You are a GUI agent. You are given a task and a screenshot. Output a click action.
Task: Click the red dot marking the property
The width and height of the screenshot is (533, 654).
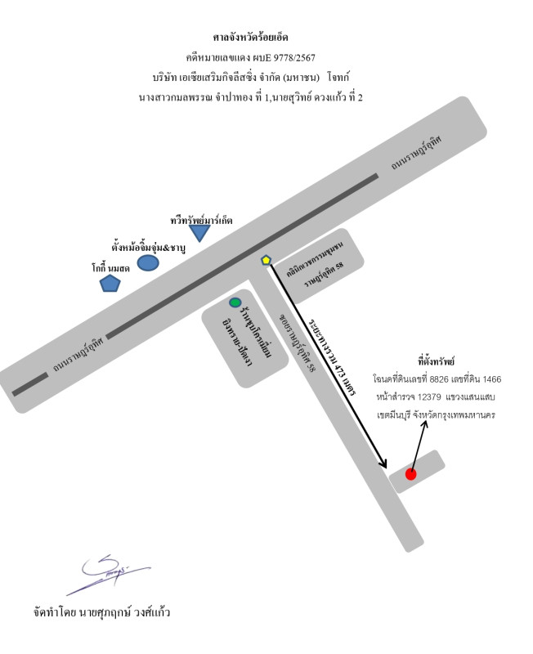click(410, 474)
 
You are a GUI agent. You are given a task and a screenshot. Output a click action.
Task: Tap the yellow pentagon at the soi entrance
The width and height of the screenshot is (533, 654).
click(266, 260)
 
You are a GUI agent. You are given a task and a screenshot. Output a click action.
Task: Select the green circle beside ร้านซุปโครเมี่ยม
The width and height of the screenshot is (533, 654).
click(235, 302)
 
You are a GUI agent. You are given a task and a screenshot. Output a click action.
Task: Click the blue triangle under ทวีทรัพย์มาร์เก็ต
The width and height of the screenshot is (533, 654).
click(199, 232)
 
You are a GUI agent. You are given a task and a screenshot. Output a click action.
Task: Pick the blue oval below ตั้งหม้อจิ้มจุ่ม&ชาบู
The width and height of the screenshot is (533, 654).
click(148, 262)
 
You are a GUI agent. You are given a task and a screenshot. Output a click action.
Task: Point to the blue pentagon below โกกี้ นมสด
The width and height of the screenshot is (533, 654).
click(110, 283)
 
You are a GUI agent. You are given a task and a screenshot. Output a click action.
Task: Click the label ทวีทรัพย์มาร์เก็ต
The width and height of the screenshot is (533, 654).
click(201, 220)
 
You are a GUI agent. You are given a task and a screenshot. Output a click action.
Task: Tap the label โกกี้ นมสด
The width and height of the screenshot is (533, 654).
click(110, 268)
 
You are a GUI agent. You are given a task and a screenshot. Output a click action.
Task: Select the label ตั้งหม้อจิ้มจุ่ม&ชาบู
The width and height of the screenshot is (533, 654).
click(148, 248)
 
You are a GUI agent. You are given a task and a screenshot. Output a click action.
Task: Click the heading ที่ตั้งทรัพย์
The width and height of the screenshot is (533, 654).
click(436, 361)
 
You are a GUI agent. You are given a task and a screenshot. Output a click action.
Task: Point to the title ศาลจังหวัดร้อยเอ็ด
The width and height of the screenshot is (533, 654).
click(250, 38)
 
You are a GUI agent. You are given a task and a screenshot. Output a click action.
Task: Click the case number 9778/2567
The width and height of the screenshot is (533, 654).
click(297, 57)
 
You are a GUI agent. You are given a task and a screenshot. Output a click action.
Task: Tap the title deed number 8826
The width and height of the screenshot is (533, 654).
click(439, 379)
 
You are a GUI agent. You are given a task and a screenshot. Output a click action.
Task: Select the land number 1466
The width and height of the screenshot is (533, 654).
click(492, 379)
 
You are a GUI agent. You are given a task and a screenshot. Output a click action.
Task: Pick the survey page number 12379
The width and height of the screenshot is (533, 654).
click(428, 396)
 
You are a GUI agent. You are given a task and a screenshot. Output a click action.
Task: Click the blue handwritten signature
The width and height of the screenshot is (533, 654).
click(108, 574)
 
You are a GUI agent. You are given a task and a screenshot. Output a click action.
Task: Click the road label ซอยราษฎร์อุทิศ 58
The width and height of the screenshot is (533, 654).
click(298, 343)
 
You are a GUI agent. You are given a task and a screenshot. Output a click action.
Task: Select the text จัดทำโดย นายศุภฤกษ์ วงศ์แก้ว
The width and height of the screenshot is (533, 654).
click(101, 612)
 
